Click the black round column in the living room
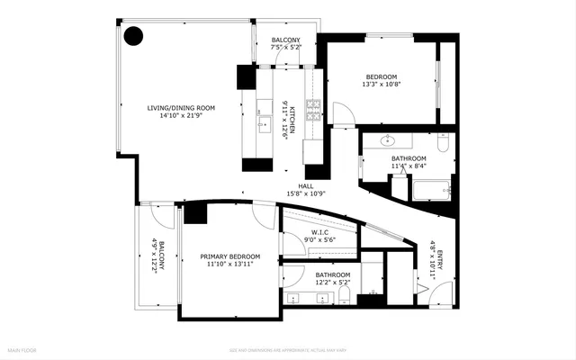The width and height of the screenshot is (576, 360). tap(133, 36)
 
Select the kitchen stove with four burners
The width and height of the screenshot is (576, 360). tap(313, 111)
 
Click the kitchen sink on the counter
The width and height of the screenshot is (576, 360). tap(263, 122)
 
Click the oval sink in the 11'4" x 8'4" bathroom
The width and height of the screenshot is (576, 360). tap(389, 141)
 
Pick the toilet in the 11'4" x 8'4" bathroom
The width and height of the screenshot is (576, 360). tap(442, 143)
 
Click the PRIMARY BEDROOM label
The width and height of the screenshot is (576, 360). tap(229, 256)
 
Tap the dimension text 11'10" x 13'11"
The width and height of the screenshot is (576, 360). tap(229, 265)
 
